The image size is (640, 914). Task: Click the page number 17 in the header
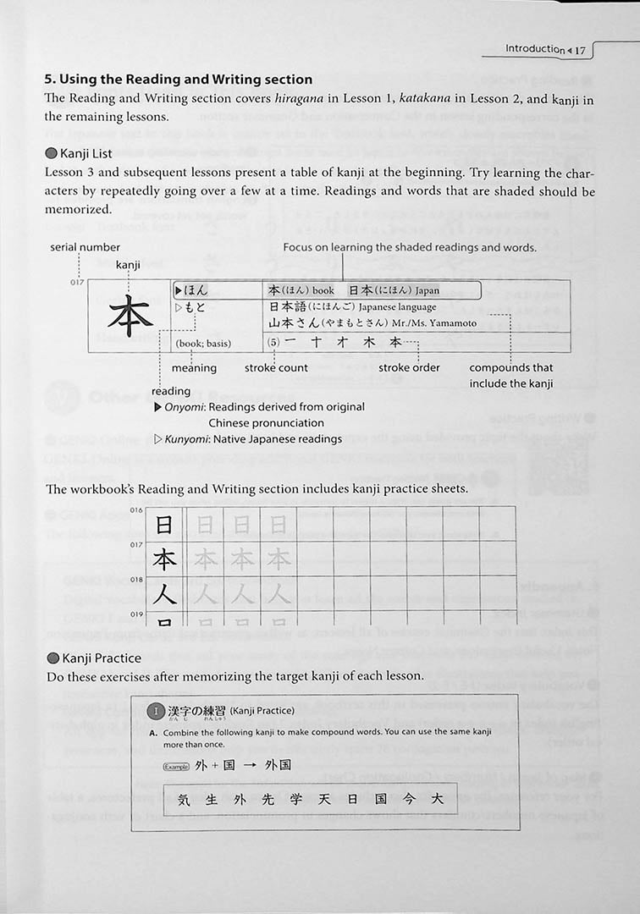[579, 50]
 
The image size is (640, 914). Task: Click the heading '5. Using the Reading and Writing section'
[179, 80]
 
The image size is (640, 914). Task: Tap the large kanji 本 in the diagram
[130, 316]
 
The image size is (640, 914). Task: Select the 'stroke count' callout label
[276, 368]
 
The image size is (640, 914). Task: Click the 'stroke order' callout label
[409, 368]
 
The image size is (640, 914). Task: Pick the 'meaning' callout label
[194, 368]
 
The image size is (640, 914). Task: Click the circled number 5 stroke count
[273, 343]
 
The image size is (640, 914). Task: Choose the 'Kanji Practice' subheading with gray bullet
[100, 658]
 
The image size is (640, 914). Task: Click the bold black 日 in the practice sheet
[165, 526]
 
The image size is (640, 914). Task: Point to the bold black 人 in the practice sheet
[165, 593]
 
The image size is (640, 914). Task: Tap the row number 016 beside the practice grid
[137, 510]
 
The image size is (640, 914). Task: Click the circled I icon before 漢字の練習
[154, 711]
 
